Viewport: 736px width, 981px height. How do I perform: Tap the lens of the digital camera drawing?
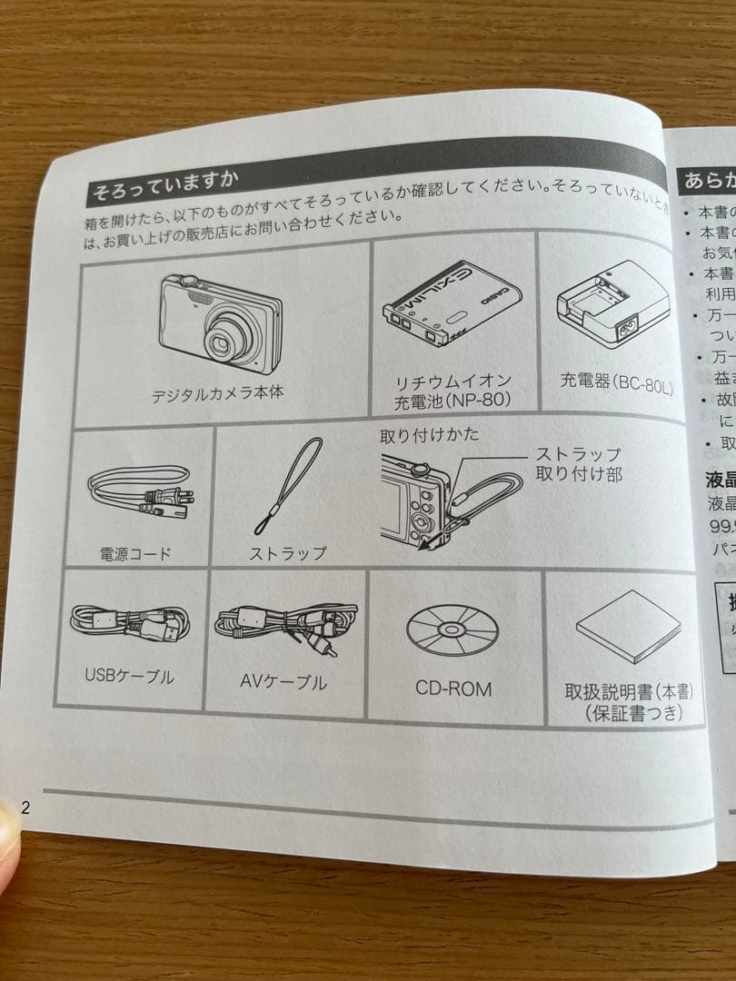(x=221, y=343)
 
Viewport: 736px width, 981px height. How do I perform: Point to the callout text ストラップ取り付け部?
(x=578, y=463)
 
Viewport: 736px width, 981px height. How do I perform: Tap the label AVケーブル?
(x=283, y=682)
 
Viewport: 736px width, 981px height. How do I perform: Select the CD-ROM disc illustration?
(x=452, y=628)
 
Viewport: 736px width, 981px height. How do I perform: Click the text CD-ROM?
(x=453, y=689)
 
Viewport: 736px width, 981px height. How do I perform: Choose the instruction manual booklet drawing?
(x=627, y=631)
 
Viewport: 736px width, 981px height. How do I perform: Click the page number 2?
(x=25, y=808)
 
